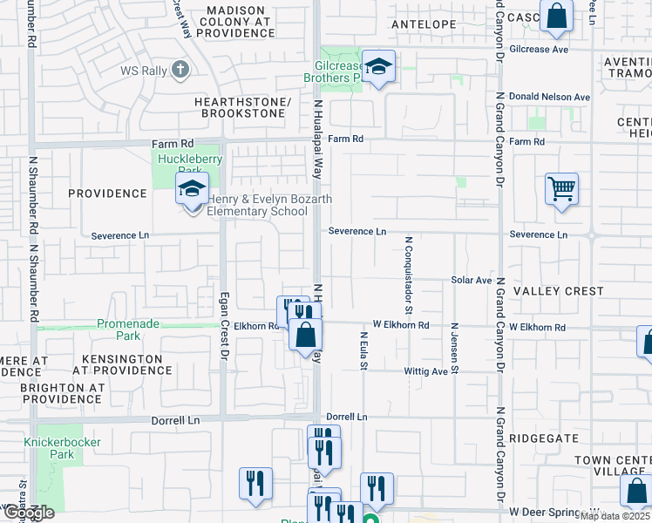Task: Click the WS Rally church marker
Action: pyautogui.click(x=180, y=69)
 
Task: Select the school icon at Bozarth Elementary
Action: pyautogui.click(x=192, y=187)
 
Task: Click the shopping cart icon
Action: pyautogui.click(x=562, y=188)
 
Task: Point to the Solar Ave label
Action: pyautogui.click(x=472, y=281)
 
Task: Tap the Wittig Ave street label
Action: pyautogui.click(x=425, y=371)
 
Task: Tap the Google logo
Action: pyautogui.click(x=28, y=513)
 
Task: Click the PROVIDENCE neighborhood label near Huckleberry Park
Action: pyautogui.click(x=108, y=194)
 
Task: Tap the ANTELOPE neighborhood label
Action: pyautogui.click(x=424, y=24)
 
